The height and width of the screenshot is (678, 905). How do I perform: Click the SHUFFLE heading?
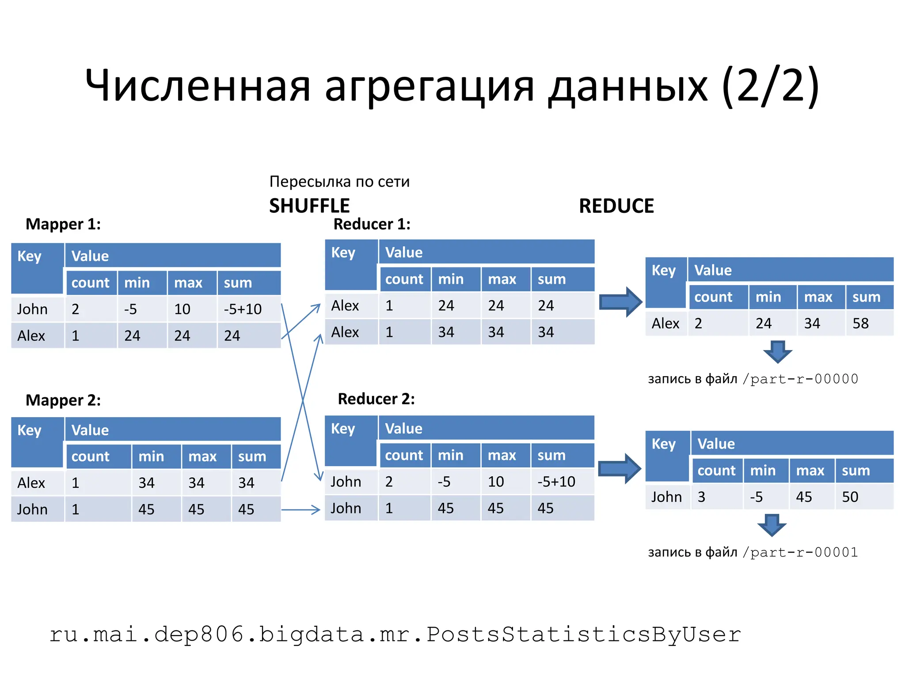click(x=309, y=206)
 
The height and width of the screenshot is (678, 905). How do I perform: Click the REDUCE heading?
click(x=616, y=206)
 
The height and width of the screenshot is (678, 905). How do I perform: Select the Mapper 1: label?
click(x=63, y=224)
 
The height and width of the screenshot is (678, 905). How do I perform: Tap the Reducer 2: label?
click(x=376, y=399)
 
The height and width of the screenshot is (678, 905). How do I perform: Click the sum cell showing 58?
click(x=860, y=324)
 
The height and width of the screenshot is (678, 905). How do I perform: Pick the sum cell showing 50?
click(x=850, y=497)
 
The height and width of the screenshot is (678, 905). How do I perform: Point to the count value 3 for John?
click(x=701, y=497)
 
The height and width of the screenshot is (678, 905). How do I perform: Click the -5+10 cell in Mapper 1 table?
click(x=243, y=309)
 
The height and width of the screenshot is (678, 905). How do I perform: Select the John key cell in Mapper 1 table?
click(x=32, y=309)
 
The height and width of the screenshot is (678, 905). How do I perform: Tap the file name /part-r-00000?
click(x=800, y=379)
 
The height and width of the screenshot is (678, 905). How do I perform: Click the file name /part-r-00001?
click(x=800, y=553)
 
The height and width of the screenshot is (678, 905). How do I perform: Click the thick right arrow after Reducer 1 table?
click(x=620, y=302)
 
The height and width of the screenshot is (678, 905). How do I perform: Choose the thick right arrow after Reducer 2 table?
click(x=619, y=469)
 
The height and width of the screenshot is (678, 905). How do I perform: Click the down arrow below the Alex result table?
click(x=777, y=352)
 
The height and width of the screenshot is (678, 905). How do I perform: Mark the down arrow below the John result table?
click(x=772, y=525)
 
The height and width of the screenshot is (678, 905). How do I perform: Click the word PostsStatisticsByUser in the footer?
click(x=583, y=635)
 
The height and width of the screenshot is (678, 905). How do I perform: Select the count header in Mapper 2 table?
click(x=90, y=456)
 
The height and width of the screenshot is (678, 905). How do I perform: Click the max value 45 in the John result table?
click(x=804, y=497)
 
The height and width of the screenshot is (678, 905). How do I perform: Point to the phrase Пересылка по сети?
click(x=339, y=181)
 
